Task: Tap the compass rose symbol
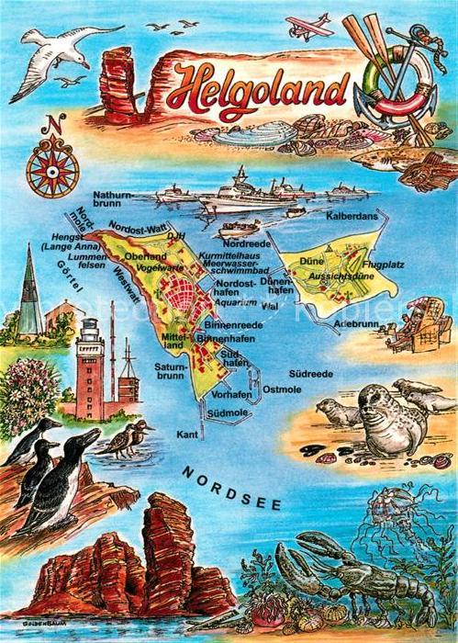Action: tap(51, 168)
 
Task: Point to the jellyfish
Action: tap(393, 508)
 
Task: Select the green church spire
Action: tap(29, 285)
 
